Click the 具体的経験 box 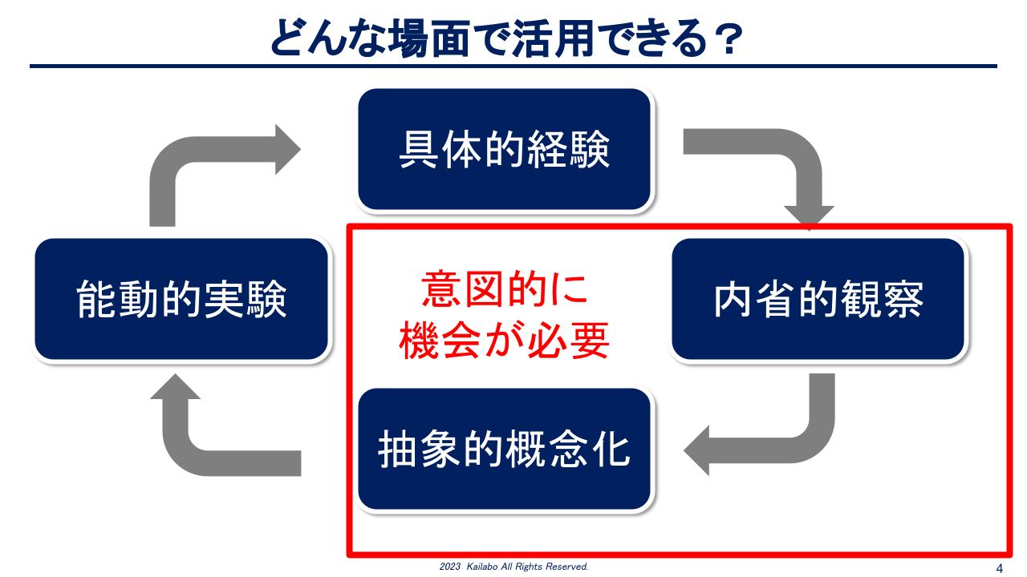pos(505,149)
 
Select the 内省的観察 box pos(818,299)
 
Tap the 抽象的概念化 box pos(505,449)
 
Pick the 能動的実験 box pos(181,299)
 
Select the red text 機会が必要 pos(505,341)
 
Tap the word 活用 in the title pos(554,38)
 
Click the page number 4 pos(1000,568)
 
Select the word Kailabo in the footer pos(482,567)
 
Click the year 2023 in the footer pos(450,567)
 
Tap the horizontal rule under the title pos(513,67)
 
